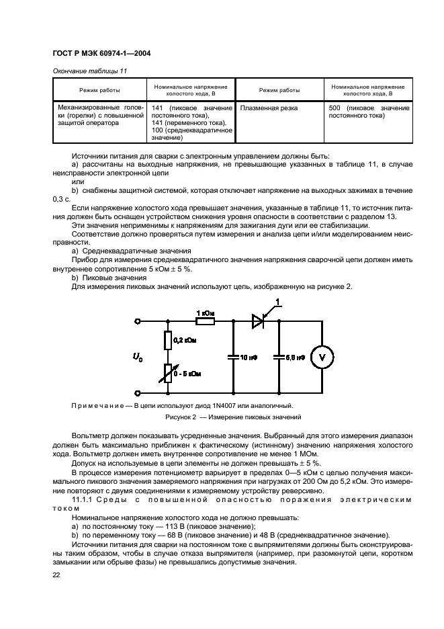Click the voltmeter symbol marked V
321,358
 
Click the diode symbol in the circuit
257,322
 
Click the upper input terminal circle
138,322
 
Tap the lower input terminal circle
138,392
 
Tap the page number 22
56,575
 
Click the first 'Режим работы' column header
99,90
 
